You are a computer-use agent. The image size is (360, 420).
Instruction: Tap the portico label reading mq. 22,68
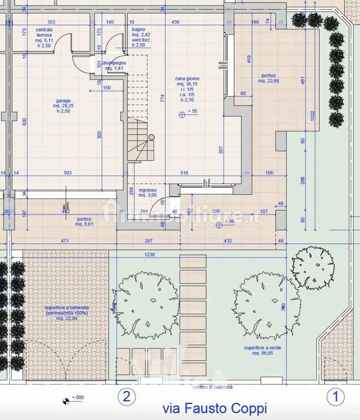[269, 78]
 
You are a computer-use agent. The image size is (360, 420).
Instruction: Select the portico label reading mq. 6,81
[84, 222]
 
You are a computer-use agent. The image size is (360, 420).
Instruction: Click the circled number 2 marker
[126, 397]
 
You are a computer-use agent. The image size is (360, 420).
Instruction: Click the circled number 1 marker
[336, 397]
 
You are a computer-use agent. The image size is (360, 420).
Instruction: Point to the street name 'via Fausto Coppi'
[214, 408]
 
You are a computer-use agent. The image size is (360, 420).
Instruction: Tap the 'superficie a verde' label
[263, 350]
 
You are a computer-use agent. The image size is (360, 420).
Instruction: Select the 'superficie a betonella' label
[67, 313]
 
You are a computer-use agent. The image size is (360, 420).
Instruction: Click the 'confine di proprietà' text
[212, 387]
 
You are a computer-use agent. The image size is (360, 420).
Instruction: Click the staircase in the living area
[138, 140]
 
